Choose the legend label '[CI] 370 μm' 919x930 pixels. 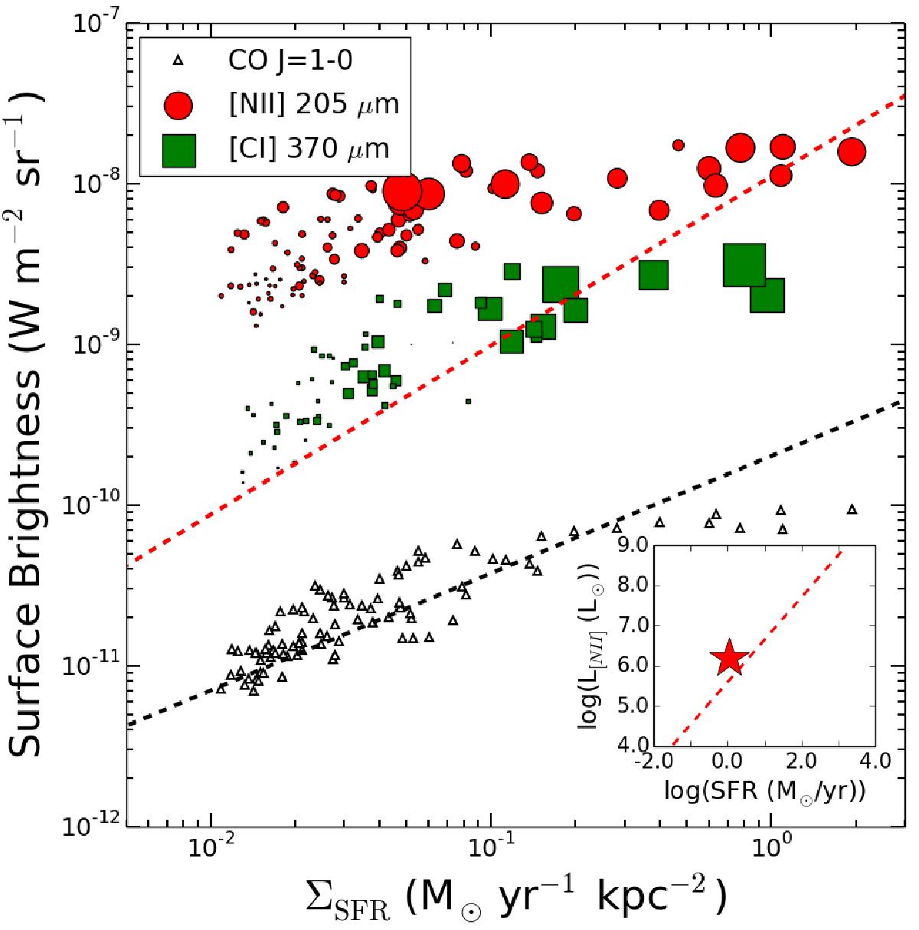(x=314, y=148)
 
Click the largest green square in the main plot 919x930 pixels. (x=744, y=265)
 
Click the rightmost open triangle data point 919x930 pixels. (x=852, y=510)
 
